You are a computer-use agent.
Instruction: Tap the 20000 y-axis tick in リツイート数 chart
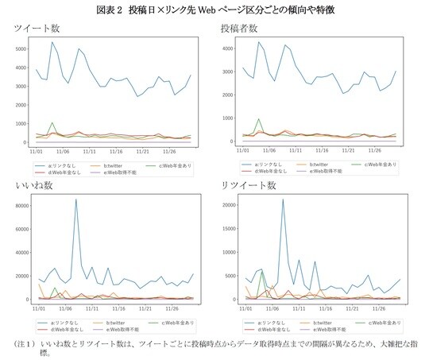[x=227, y=206]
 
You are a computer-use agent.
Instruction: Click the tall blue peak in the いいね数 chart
[x=76, y=200]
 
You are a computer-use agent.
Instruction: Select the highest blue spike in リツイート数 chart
[x=283, y=200]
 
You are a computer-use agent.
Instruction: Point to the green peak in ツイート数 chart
[x=52, y=123]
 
